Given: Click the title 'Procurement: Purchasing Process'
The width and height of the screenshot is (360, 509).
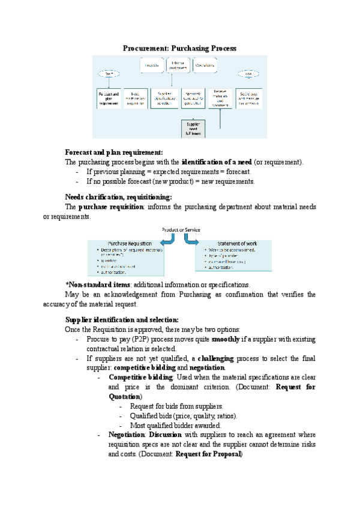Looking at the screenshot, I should (x=180, y=47).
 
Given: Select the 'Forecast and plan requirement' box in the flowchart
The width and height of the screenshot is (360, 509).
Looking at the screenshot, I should (x=109, y=98).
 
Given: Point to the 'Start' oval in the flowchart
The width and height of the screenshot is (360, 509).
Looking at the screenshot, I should (x=109, y=74).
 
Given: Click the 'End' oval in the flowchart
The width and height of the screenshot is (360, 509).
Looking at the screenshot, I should (x=248, y=74).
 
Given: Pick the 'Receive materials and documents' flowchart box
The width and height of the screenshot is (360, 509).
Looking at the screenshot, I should (x=221, y=98).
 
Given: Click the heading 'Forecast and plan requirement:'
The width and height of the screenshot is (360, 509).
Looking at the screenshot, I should (x=114, y=152).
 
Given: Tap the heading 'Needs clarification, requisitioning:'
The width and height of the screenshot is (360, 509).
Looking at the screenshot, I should (x=118, y=197).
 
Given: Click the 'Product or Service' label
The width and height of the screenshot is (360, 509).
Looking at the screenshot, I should (x=181, y=230).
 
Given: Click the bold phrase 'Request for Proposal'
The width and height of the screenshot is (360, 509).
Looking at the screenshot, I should (x=208, y=454).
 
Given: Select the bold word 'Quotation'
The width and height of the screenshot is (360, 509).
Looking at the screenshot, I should (x=125, y=397).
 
